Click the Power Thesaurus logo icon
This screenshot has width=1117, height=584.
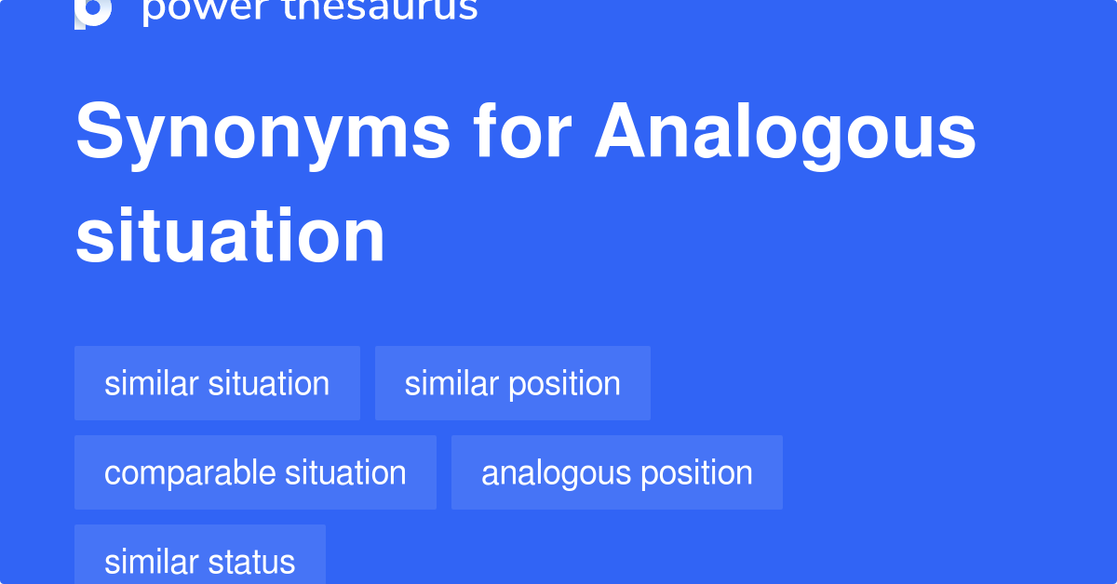pos(93,11)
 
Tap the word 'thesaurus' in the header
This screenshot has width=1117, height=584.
pos(367,9)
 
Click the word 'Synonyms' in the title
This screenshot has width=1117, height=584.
pos(262,133)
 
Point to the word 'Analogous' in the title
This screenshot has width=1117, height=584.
pos(786,133)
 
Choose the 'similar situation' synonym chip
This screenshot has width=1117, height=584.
pos(217,383)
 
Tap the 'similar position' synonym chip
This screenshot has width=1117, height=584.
pos(512,383)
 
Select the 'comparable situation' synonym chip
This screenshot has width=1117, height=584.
pos(255,472)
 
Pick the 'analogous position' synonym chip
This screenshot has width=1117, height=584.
pos(616,472)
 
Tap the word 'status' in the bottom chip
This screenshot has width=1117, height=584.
pos(252,562)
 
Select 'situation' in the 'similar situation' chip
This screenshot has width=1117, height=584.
pos(269,383)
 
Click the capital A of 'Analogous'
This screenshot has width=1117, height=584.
pos(622,133)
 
